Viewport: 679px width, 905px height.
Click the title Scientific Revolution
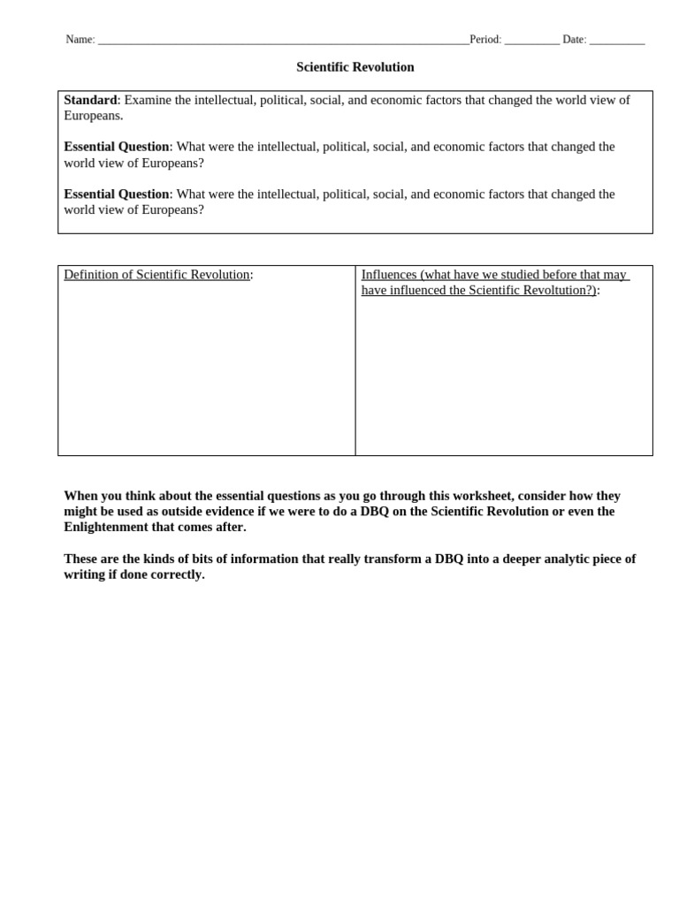tap(355, 67)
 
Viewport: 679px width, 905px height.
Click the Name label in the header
tap(79, 40)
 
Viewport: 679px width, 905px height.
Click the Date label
tap(573, 40)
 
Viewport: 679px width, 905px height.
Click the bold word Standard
tap(90, 100)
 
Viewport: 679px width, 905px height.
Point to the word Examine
tap(148, 100)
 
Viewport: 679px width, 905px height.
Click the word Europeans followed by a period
tap(92, 116)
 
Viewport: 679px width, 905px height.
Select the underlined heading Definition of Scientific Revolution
tap(156, 275)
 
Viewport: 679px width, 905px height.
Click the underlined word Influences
tap(389, 275)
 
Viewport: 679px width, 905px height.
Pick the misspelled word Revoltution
tap(559, 290)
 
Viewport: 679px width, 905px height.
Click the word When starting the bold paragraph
tap(80, 496)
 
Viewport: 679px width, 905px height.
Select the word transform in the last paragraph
tap(380, 559)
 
